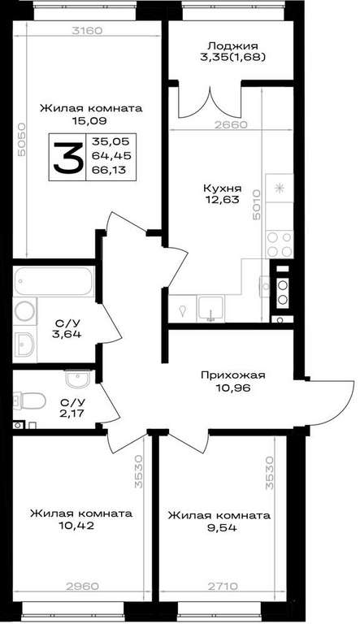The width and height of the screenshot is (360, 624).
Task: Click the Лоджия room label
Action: coord(234,46)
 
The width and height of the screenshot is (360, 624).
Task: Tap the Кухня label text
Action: coord(223,188)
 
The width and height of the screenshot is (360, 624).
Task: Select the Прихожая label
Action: coord(233,375)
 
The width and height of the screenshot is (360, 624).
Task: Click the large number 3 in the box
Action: coord(68,158)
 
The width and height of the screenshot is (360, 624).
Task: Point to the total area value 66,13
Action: coord(109,170)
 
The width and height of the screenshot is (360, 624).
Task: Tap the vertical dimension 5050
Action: coord(21,139)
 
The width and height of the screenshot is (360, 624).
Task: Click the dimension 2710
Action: coord(223,586)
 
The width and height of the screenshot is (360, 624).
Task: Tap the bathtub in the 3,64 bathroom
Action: coord(54,281)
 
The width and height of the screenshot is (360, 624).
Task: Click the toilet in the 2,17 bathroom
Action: coord(29,400)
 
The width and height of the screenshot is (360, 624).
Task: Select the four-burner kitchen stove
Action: coord(280,245)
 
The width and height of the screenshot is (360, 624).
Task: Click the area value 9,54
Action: coord(219,527)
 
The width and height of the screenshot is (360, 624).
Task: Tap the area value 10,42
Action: coord(76,526)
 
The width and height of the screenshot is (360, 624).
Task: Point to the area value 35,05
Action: coord(109,141)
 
